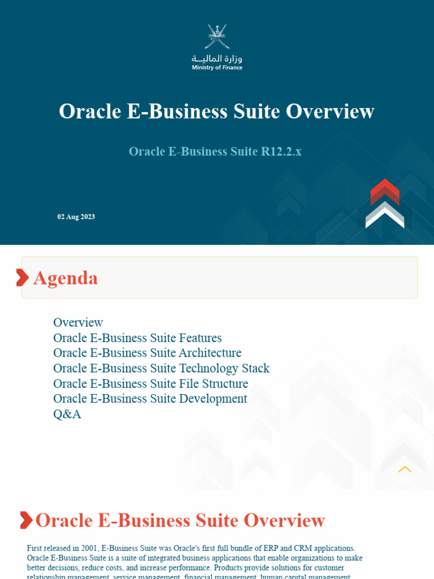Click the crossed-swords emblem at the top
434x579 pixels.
click(x=216, y=36)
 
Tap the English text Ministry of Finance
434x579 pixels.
click(x=217, y=68)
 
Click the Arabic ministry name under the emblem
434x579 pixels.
click(x=217, y=58)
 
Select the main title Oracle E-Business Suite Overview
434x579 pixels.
click(x=216, y=111)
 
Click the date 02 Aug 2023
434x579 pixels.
click(x=76, y=217)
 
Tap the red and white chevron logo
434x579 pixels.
click(x=385, y=204)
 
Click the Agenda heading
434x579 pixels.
click(x=66, y=278)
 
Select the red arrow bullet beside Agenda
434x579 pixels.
click(x=22, y=278)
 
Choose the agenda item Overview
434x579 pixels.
click(x=78, y=322)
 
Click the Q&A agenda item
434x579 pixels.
click(x=67, y=414)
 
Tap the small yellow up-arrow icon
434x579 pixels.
click(x=405, y=469)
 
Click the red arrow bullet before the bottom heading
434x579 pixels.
click(x=26, y=520)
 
